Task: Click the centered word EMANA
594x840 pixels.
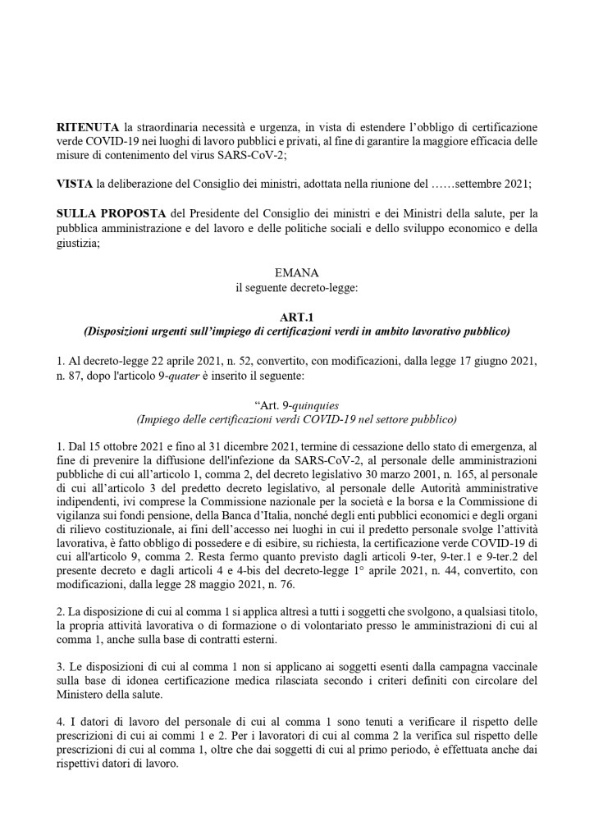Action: pyautogui.click(x=296, y=270)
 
